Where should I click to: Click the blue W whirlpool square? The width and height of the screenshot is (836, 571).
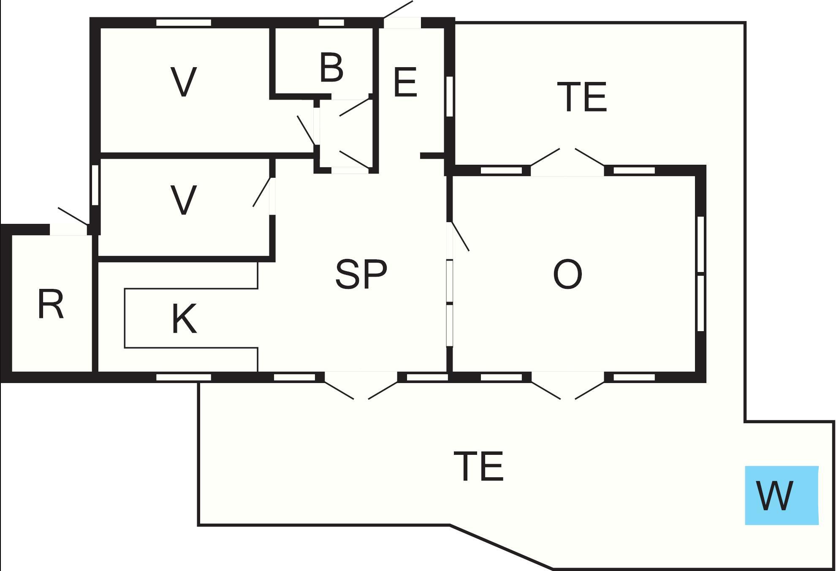[782, 495]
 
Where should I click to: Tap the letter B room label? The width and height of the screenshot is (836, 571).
[331, 68]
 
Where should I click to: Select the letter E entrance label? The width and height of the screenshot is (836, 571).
[405, 82]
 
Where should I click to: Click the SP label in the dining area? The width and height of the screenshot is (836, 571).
[361, 274]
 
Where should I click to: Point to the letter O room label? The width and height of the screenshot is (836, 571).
[567, 274]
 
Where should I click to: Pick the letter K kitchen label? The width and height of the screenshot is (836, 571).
[185, 319]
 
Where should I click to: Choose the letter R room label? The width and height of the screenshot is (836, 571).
[51, 304]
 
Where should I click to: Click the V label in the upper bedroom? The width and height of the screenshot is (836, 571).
[184, 82]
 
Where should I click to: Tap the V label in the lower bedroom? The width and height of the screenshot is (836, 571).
[184, 200]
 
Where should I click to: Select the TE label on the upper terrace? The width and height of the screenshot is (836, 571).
[582, 97]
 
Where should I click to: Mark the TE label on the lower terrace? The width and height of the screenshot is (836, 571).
[478, 466]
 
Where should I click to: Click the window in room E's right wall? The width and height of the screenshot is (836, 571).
[450, 96]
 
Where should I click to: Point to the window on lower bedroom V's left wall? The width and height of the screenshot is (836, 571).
[95, 185]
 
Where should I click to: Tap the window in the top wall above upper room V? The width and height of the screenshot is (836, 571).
[184, 23]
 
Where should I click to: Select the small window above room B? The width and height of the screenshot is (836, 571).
[331, 23]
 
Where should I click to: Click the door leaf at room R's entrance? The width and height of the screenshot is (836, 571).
[73, 216]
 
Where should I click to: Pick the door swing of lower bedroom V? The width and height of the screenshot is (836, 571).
[262, 192]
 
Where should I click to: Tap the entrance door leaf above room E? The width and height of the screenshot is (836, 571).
[398, 9]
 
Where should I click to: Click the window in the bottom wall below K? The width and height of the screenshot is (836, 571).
[184, 377]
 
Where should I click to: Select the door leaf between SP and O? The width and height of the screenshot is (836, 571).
[461, 236]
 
